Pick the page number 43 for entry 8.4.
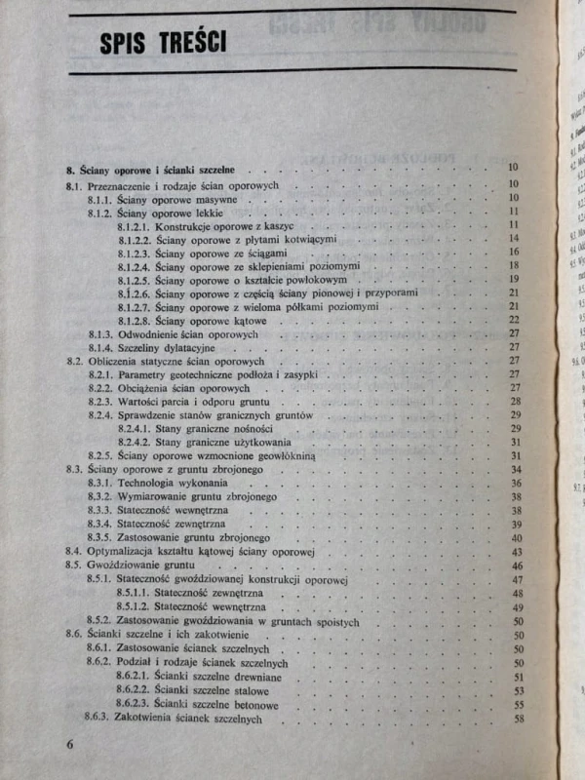click(x=517, y=552)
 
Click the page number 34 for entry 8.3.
click(x=517, y=470)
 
